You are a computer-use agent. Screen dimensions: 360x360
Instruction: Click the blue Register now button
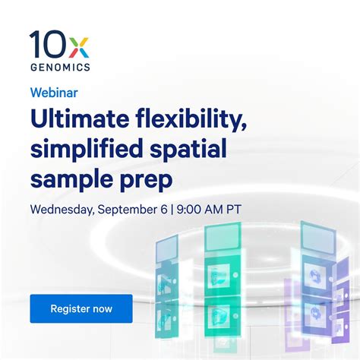81,308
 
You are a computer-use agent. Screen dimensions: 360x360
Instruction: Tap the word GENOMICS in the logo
60,67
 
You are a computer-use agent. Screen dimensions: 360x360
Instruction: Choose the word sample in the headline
65,181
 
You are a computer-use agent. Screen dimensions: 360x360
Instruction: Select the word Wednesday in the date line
62,207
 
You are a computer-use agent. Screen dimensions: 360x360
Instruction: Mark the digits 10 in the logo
46,45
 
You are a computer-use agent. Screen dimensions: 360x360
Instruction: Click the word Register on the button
70,308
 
